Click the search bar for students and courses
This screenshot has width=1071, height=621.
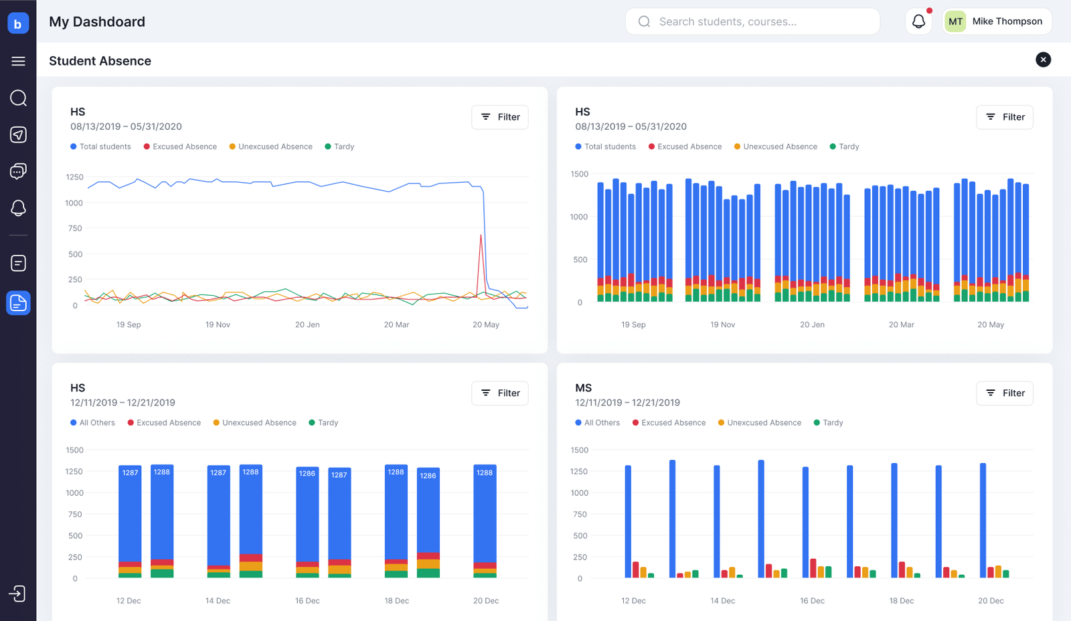[x=752, y=21]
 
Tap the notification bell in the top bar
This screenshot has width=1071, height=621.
[x=918, y=21]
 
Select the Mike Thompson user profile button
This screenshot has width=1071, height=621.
[x=997, y=21]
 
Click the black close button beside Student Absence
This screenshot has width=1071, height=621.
[x=1044, y=60]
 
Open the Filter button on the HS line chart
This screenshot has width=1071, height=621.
[x=499, y=117]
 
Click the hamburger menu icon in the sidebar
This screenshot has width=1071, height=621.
[x=18, y=61]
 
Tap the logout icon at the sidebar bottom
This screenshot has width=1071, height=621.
[x=17, y=594]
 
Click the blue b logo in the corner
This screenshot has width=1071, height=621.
[x=18, y=23]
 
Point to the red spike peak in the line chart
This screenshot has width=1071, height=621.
[x=481, y=235]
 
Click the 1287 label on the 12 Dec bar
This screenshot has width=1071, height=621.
[x=130, y=473]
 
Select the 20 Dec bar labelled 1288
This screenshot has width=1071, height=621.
[x=485, y=521]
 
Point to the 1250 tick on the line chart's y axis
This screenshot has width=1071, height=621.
[x=74, y=177]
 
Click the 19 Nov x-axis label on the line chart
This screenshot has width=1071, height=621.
[x=218, y=325]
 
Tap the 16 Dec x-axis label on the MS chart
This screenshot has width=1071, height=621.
[x=812, y=601]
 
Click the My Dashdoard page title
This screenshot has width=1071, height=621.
[x=97, y=21]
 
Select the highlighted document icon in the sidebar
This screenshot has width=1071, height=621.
[x=18, y=303]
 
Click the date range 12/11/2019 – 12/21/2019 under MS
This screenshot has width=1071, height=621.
[x=627, y=403]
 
